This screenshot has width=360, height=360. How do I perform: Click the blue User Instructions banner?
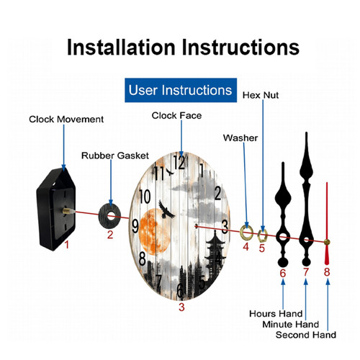click(x=181, y=90)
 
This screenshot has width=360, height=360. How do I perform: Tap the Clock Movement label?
click(x=66, y=120)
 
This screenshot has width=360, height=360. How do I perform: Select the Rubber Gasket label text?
click(x=115, y=156)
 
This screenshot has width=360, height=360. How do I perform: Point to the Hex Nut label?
click(x=261, y=95)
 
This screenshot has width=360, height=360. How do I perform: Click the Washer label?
click(x=240, y=138)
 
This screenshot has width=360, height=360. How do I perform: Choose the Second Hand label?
click(x=306, y=335)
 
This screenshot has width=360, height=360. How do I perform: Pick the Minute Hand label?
click(x=290, y=324)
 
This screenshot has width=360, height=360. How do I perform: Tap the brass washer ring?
click(x=243, y=233)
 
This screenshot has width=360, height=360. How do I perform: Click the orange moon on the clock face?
click(x=154, y=232)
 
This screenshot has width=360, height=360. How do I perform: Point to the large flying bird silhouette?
click(x=166, y=210)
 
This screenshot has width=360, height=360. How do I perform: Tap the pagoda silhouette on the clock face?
click(x=215, y=252)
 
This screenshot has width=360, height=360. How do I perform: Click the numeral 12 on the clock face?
click(x=179, y=163)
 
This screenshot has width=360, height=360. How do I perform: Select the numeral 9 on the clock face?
click(x=135, y=226)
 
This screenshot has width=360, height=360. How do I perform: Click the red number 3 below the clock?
click(x=181, y=307)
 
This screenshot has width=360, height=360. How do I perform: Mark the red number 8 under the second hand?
click(x=327, y=272)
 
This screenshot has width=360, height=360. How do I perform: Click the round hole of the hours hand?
click(x=283, y=237)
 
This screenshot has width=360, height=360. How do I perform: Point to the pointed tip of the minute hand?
click(x=306, y=132)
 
